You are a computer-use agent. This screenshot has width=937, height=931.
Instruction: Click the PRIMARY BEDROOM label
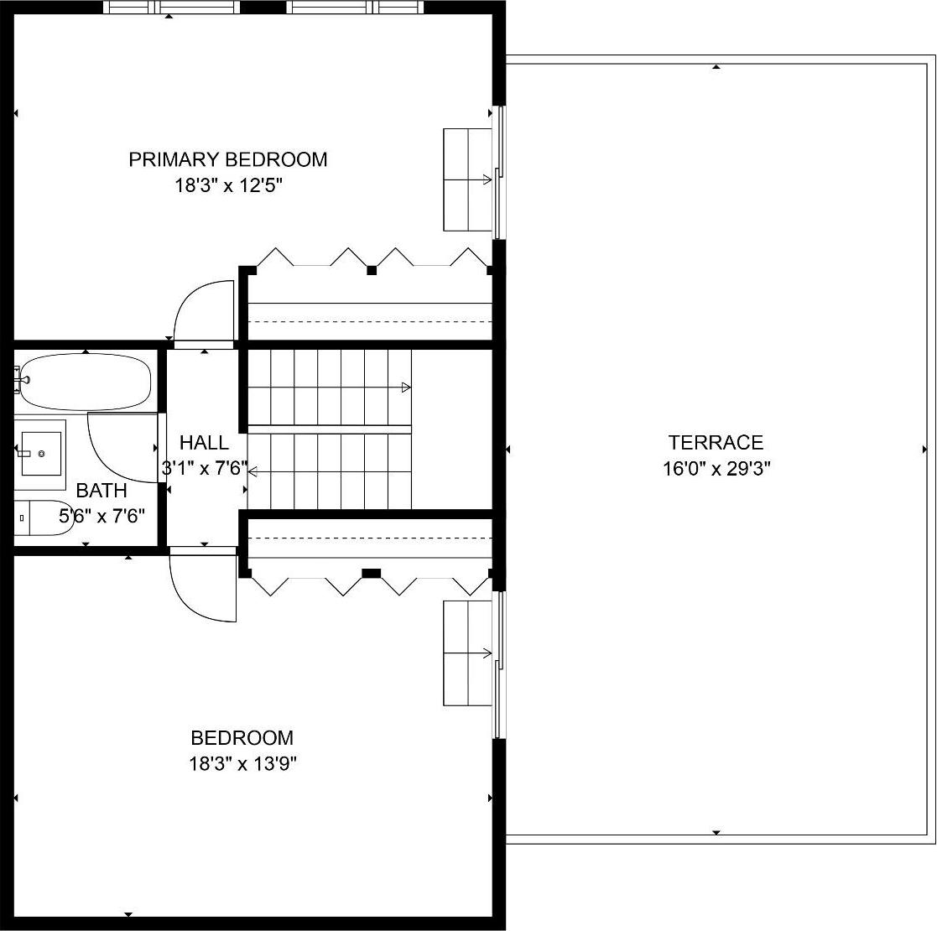[227, 159]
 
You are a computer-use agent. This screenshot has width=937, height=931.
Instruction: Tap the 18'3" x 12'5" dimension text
[227, 185]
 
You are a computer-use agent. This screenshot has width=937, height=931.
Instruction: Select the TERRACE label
[716, 442]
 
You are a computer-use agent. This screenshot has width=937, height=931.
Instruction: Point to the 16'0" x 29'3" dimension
[716, 468]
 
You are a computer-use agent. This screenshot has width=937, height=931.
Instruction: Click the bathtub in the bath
[84, 382]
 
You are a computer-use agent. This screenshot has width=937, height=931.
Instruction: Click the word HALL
[203, 442]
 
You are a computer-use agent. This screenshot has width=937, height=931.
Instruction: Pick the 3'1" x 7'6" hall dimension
[204, 468]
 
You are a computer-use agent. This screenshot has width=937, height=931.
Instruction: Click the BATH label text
[102, 491]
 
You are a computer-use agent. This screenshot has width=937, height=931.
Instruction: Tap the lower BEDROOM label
[242, 738]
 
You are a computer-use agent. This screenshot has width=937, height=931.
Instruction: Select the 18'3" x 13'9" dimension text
[242, 764]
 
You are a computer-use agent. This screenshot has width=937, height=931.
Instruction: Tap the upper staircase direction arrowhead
[407, 387]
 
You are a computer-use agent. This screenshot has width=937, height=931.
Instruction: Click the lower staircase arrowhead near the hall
[252, 472]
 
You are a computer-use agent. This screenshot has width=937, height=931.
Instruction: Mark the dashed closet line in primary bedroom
[369, 320]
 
